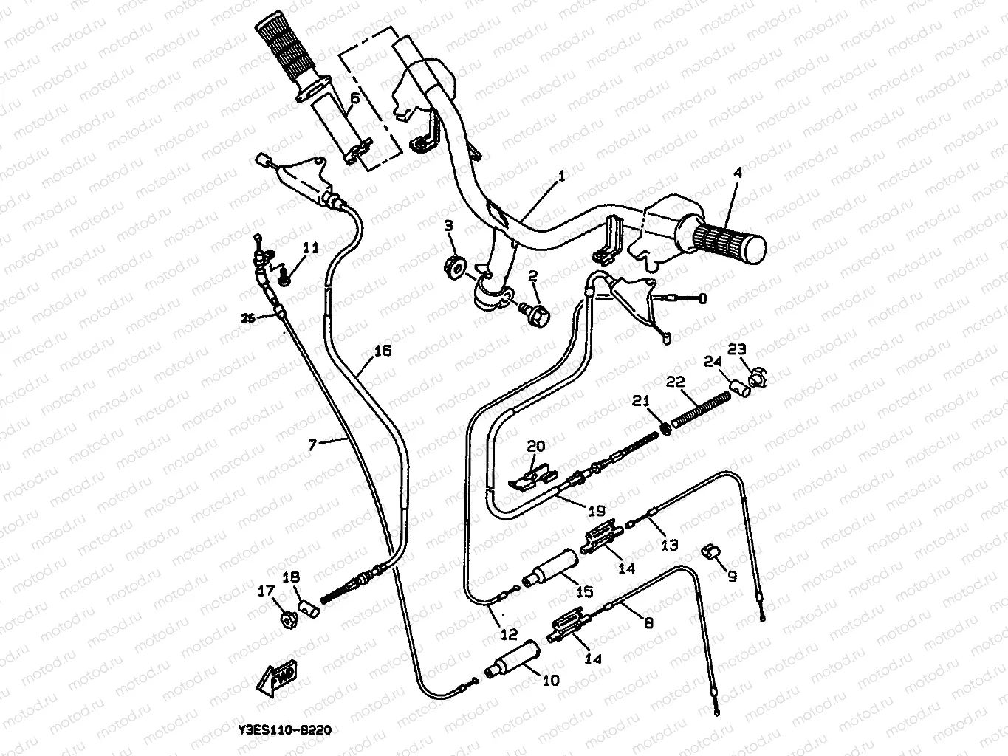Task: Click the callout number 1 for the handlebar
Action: (560, 176)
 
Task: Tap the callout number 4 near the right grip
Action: (737, 173)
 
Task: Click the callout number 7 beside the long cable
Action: (312, 444)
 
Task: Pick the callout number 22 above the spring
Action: (676, 382)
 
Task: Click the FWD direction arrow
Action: (275, 680)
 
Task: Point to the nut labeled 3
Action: (456, 264)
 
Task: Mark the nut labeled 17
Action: (288, 618)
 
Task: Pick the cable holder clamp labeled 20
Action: (530, 474)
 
